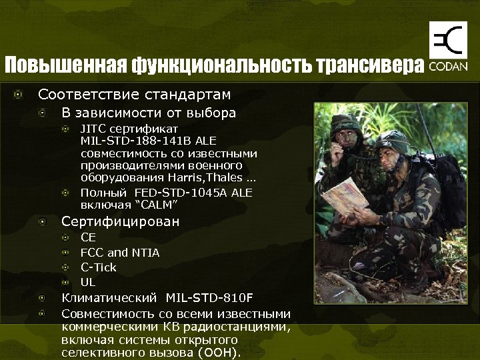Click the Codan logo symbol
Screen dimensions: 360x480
[447, 41]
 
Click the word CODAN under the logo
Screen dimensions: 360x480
[448, 67]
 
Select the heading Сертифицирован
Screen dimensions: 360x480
[121, 221]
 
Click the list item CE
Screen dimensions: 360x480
[88, 237]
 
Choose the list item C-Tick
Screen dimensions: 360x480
[98, 267]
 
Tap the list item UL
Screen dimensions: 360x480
[88, 282]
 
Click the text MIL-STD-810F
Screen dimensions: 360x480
[209, 297]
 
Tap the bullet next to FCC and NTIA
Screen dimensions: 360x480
[65, 253]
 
